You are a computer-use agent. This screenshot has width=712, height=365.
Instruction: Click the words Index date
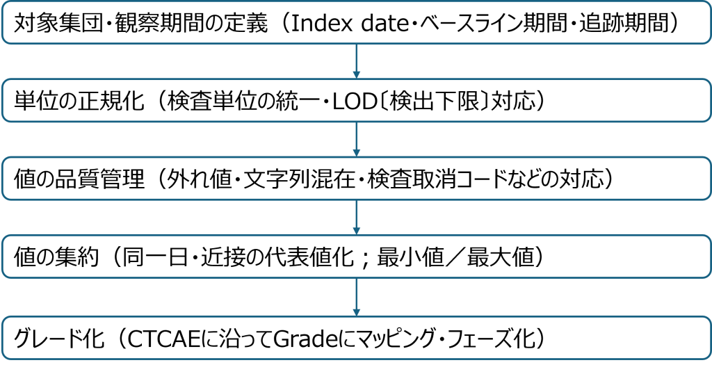pyautogui.click(x=348, y=23)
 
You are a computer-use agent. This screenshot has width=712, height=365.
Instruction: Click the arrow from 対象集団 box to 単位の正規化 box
pyautogui.click(x=357, y=61)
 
